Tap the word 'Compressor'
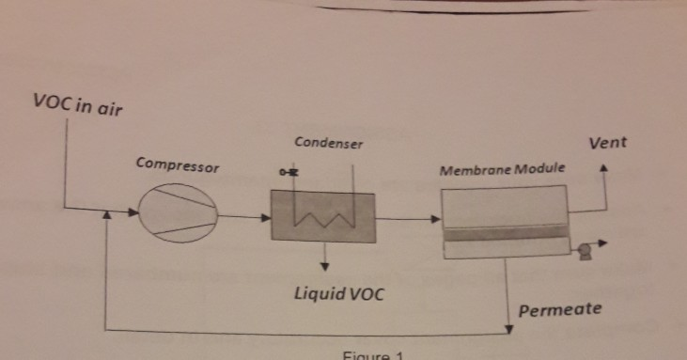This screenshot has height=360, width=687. pos(177,165)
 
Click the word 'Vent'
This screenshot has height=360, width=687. pos(607,144)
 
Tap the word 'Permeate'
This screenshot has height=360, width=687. pos(560,308)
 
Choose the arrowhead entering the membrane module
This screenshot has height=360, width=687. pos(435,219)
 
